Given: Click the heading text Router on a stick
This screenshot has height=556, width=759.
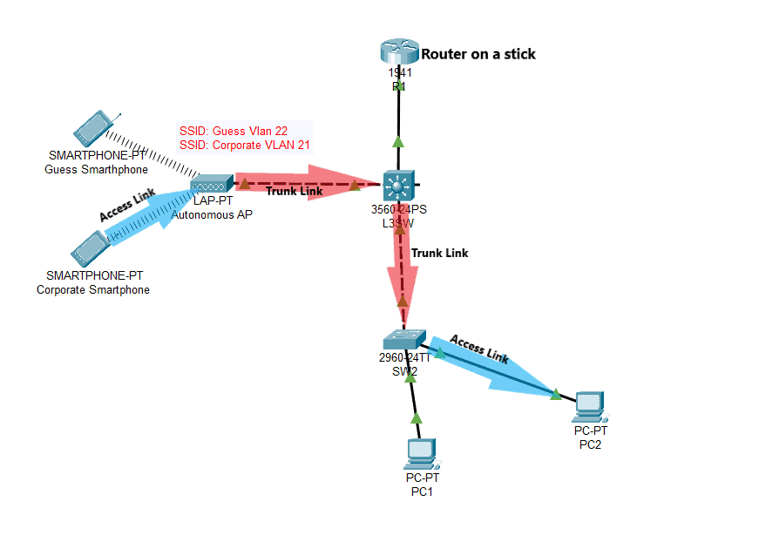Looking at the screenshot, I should coord(478,54).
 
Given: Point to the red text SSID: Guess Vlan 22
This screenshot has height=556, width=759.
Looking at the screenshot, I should coord(234,131).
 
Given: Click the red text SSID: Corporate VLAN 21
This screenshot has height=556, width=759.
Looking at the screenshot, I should coord(245,146).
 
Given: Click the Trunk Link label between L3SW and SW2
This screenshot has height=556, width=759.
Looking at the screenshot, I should coord(439,253).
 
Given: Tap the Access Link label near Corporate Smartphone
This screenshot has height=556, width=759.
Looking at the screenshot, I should coord(127,206).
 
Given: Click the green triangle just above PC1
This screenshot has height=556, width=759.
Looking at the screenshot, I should coord(416,417).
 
